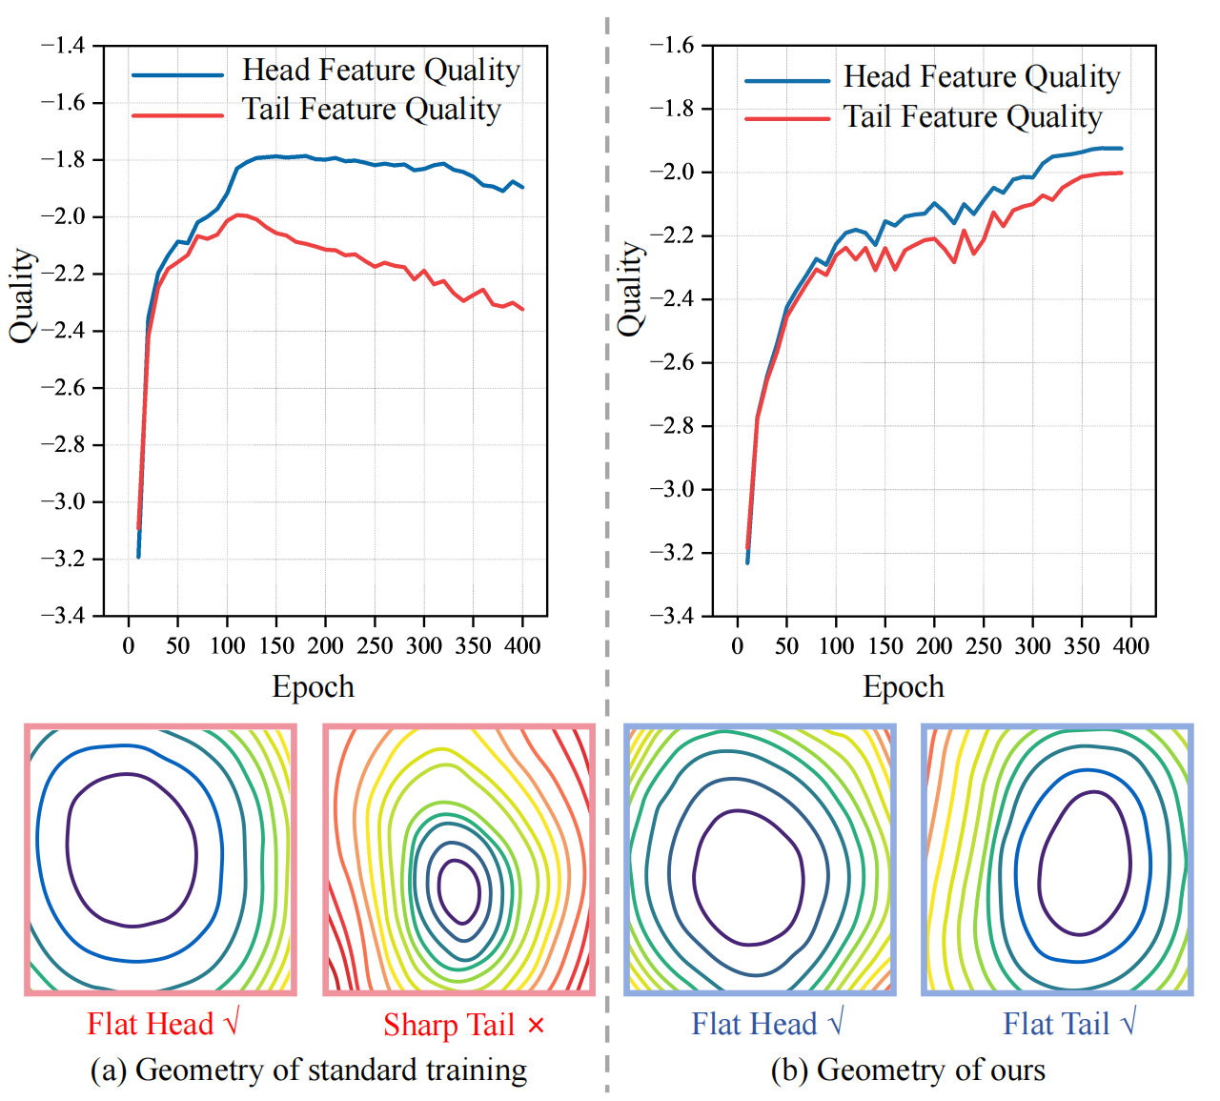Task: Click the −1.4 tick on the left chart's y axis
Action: pyautogui.click(x=62, y=46)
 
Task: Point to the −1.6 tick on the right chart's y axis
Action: pyautogui.click(x=671, y=45)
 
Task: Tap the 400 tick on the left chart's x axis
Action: pyautogui.click(x=522, y=645)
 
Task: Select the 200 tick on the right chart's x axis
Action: pyautogui.click(x=934, y=645)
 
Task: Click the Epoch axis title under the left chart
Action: pyautogui.click(x=313, y=686)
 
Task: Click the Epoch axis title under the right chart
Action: pyautogui.click(x=904, y=686)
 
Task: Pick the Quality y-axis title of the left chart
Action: pyautogui.click(x=23, y=296)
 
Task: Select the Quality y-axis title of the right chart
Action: pyautogui.click(x=630, y=289)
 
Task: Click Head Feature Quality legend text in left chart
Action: pyautogui.click(x=380, y=71)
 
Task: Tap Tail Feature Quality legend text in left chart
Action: pyautogui.click(x=371, y=110)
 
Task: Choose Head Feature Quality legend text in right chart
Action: pyautogui.click(x=982, y=77)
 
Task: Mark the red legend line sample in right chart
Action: pyautogui.click(x=787, y=119)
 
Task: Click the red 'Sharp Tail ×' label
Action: pyautogui.click(x=464, y=1025)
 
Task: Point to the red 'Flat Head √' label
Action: pyautogui.click(x=163, y=1024)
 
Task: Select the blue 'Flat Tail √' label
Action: pyautogui.click(x=1069, y=1024)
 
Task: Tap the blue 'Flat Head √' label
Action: pyautogui.click(x=767, y=1024)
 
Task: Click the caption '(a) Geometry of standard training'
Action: pyautogui.click(x=308, y=1070)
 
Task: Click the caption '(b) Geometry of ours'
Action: pyautogui.click(x=907, y=1070)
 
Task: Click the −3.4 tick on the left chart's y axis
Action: pyautogui.click(x=62, y=616)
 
